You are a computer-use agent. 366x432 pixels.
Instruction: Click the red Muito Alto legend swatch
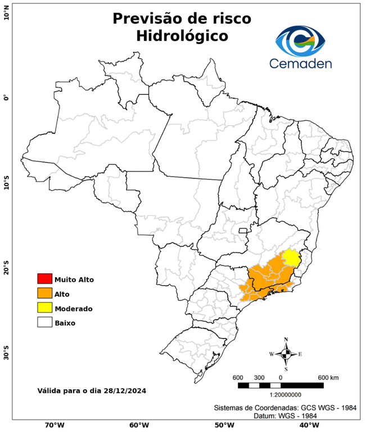click(x=44, y=278)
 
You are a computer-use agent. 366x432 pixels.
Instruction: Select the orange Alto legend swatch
click(x=44, y=293)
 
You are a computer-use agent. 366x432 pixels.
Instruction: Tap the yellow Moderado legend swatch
click(x=44, y=308)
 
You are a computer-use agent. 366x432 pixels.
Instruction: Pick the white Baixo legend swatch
click(x=44, y=322)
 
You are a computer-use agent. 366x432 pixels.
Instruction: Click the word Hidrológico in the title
click(x=182, y=36)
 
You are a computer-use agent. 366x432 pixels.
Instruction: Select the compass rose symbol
click(x=286, y=354)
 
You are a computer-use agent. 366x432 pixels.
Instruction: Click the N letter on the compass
click(x=286, y=339)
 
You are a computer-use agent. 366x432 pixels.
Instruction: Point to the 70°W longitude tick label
click(x=54, y=425)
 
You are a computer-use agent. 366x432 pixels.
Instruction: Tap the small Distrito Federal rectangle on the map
click(x=243, y=230)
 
